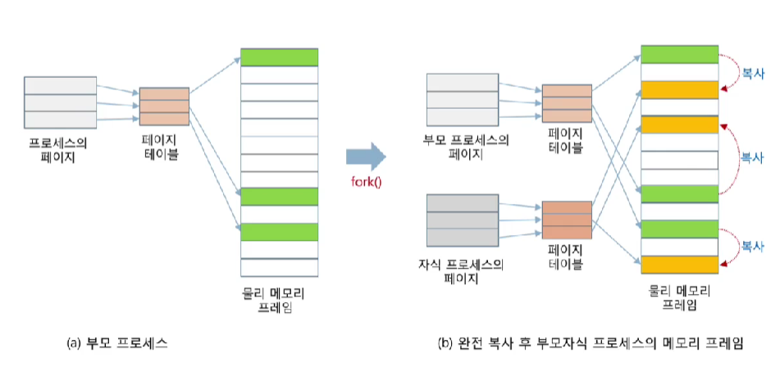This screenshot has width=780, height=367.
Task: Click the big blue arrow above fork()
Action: point(365,154)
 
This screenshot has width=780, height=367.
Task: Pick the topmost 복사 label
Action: point(752,74)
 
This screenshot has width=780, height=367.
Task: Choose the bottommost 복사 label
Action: point(752,245)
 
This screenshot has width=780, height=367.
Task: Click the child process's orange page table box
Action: point(567,219)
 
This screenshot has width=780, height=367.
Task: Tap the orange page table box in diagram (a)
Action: point(164,105)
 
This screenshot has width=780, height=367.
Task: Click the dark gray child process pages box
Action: point(463,220)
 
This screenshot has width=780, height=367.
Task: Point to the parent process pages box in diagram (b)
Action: point(463,97)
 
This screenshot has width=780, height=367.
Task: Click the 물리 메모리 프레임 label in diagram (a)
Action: point(278,300)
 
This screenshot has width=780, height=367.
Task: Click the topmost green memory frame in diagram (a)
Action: point(279,57)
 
